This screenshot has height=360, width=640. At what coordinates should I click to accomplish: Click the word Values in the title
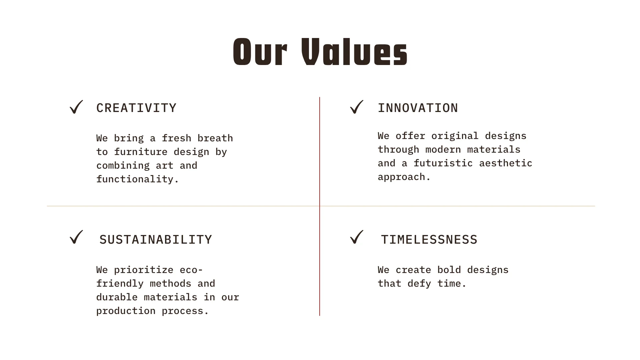[x=354, y=52]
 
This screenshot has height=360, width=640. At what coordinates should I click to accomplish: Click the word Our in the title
[x=260, y=52]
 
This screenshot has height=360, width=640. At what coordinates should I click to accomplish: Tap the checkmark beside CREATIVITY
[x=76, y=107]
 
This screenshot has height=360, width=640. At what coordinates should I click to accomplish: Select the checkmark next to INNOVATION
[x=357, y=107]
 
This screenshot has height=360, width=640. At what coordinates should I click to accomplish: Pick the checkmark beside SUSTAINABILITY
[x=76, y=237]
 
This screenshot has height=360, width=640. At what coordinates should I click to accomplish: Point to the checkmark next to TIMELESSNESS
[x=357, y=237]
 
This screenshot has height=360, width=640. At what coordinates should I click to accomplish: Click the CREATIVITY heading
[x=136, y=108]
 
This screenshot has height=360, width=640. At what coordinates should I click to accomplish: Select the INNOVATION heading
[x=418, y=108]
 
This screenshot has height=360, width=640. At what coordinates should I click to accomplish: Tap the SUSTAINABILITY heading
[x=156, y=240]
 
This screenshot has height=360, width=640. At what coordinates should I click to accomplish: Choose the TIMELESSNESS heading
[x=429, y=240]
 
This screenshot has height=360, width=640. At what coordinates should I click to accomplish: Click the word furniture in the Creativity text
[x=141, y=152]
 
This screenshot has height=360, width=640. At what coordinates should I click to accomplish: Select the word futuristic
[x=443, y=163]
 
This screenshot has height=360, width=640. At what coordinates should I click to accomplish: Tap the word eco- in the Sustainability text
[x=191, y=270]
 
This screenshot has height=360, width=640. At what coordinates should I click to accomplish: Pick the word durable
[x=117, y=297]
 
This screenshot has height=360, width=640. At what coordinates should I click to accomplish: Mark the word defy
[x=419, y=284]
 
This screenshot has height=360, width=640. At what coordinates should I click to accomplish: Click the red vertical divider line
[x=320, y=206]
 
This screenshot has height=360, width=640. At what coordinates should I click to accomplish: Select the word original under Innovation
[x=455, y=136]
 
